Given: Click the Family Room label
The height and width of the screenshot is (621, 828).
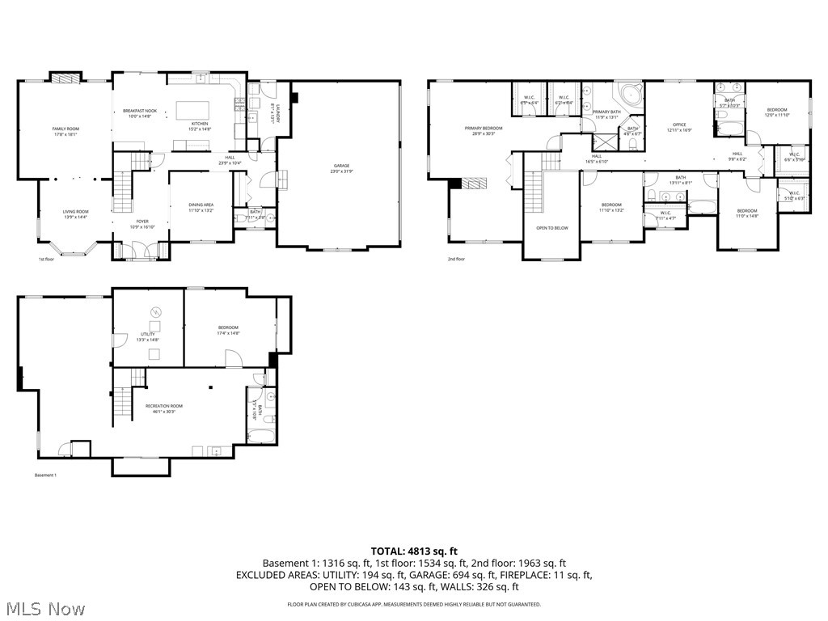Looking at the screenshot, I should click(65, 132).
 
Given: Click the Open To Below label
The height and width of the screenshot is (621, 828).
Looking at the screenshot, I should click(552, 228).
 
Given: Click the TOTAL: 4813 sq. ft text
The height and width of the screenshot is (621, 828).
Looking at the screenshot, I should click(414, 551).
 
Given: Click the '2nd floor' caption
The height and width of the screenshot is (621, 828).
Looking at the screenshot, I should click(457, 260).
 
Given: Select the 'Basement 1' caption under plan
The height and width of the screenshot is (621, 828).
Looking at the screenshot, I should click(45, 475).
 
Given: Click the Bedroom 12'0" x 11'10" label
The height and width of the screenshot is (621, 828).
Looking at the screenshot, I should click(776, 112).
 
